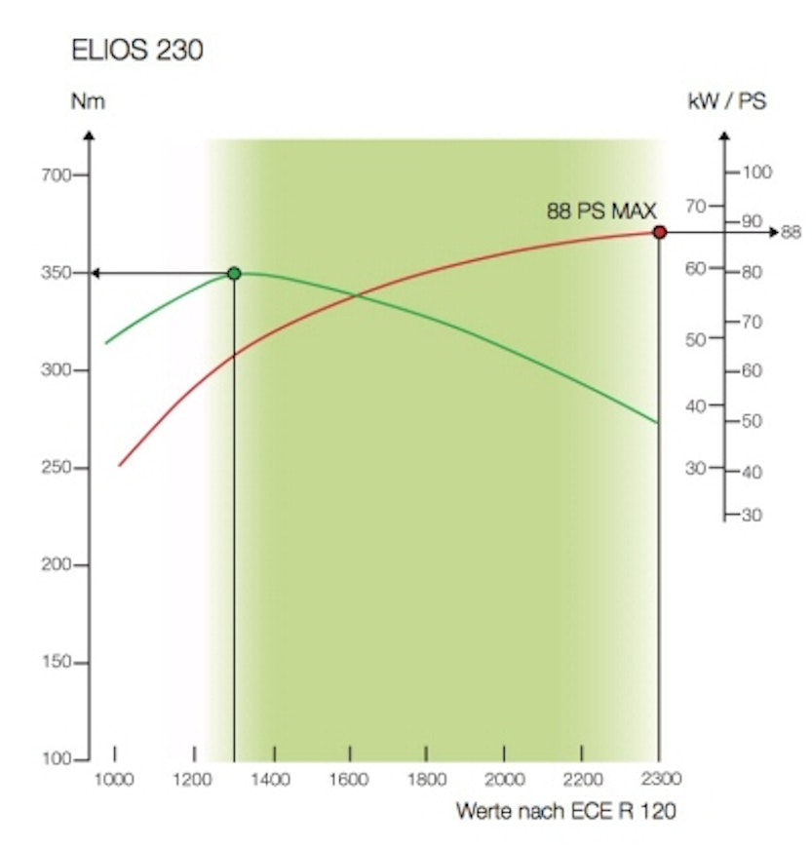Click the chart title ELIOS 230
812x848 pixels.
tap(137, 52)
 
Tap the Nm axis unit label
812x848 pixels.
tap(89, 101)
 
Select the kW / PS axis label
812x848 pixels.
tap(726, 101)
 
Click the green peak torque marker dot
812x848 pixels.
tap(234, 273)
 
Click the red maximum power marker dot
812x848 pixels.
tap(660, 232)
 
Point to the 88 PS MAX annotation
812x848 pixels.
tap(601, 210)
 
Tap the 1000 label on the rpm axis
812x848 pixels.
tap(114, 779)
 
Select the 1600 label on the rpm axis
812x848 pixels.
tap(349, 779)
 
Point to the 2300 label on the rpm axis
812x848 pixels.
tap(661, 779)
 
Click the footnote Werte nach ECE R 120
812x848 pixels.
tap(564, 811)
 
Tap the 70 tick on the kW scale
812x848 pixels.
tap(695, 206)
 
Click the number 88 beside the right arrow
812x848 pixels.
tap(791, 232)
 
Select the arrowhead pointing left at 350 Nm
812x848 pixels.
tap(96, 273)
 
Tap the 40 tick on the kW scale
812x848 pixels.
tap(695, 405)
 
